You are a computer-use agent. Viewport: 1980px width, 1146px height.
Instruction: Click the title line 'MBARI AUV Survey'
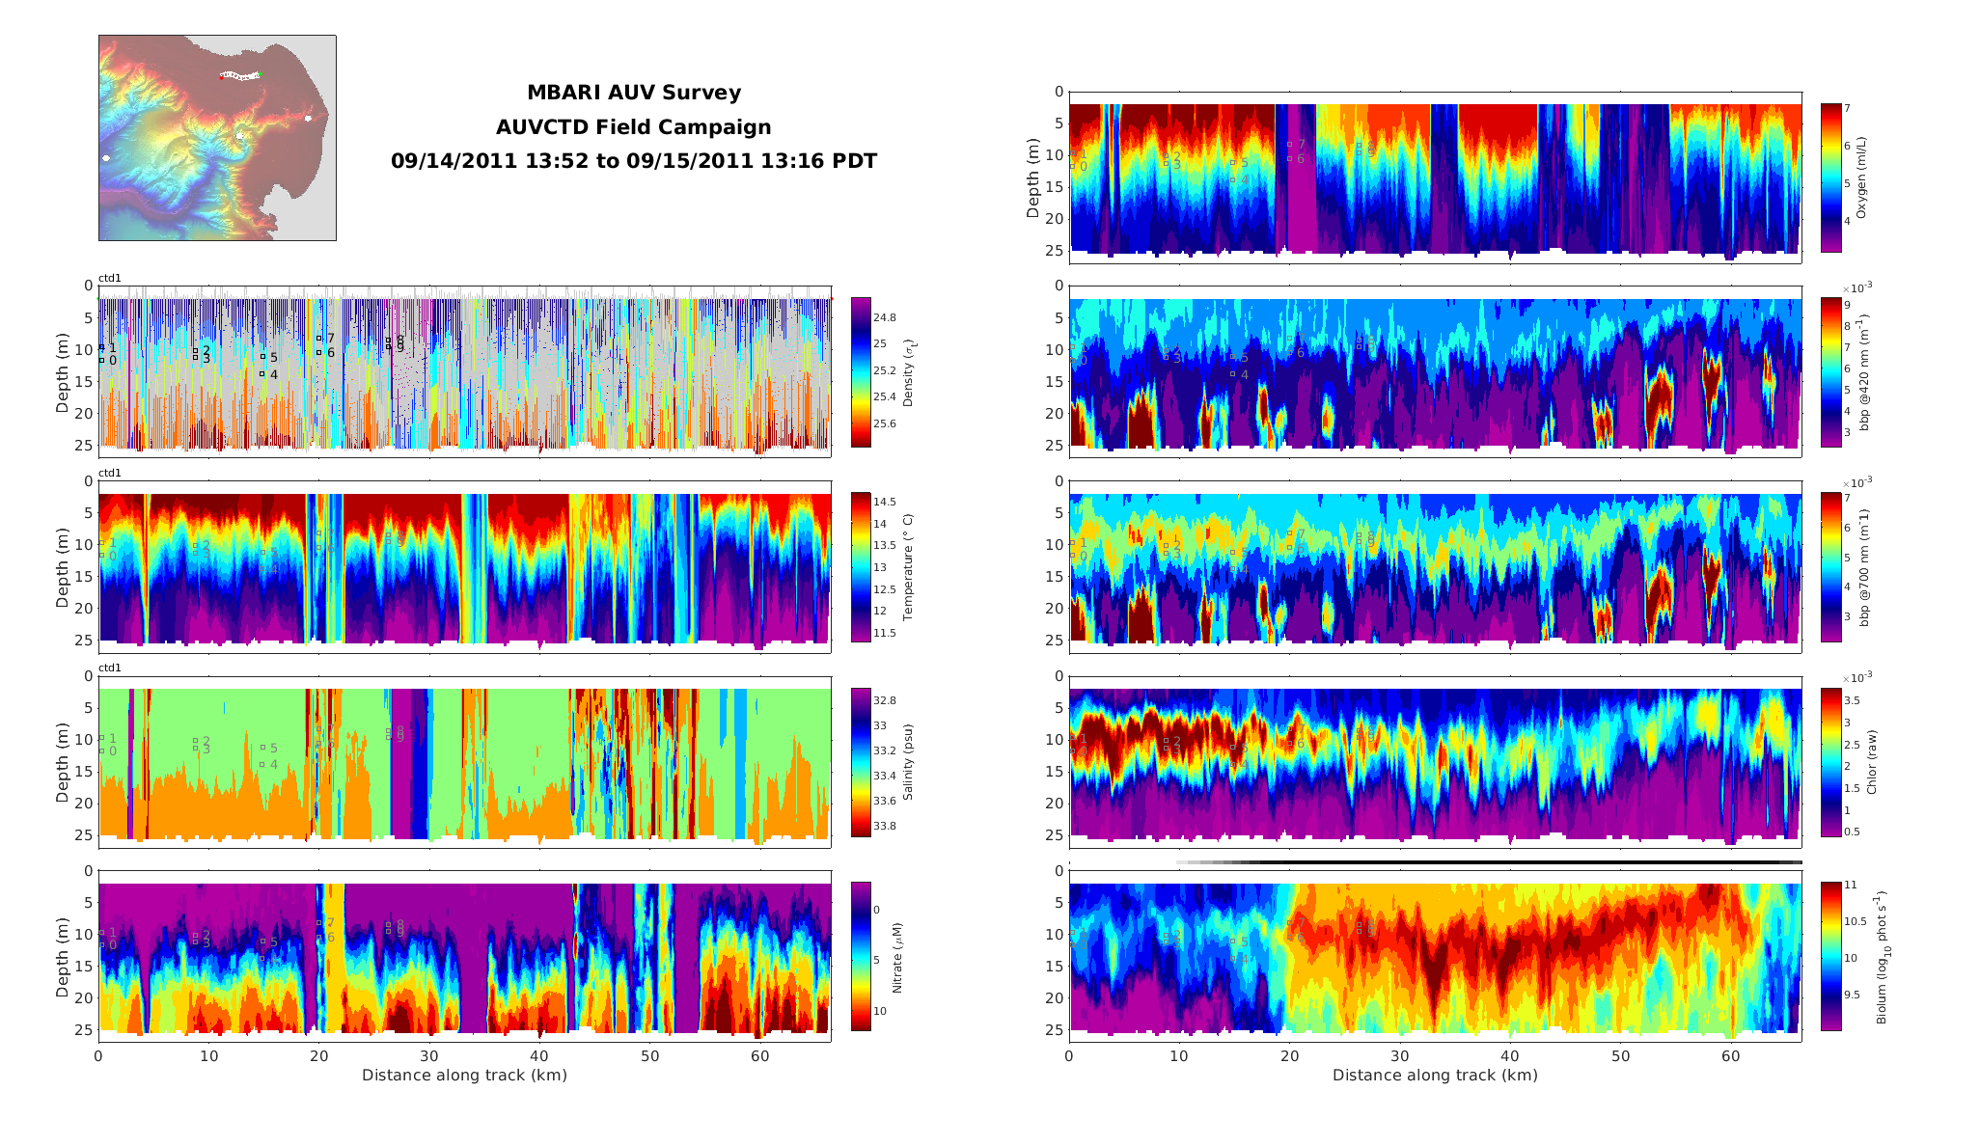pos(633,94)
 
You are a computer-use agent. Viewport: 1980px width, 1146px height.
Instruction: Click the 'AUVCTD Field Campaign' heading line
pos(633,127)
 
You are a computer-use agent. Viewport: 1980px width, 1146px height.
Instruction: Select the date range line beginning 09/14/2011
pos(633,161)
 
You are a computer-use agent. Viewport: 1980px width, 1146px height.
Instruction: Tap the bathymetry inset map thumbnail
pos(217,138)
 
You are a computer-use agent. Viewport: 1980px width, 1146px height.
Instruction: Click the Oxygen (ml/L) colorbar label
pos(1861,177)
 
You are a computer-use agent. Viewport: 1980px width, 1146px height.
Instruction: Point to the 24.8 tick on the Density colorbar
pos(884,317)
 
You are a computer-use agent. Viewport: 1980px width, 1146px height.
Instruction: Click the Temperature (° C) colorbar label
pos(907,567)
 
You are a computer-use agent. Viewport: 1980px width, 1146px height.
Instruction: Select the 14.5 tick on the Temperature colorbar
pos(884,502)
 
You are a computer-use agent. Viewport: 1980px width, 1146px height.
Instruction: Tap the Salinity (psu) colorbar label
pos(907,762)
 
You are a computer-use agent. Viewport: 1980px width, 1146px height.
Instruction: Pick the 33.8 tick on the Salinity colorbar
pos(884,826)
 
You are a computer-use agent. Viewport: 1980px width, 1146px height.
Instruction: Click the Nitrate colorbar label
pos(897,957)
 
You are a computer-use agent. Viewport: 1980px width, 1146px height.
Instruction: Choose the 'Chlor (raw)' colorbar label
pos(1872,762)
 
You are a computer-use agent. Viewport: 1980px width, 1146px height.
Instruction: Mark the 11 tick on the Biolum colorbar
pos(1850,885)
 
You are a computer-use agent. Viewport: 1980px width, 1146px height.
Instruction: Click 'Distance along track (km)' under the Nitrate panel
pos(464,1075)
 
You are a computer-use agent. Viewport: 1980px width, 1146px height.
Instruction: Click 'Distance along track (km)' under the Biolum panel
pos(1435,1075)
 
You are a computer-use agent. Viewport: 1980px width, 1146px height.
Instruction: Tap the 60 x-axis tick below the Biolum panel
pos(1731,1056)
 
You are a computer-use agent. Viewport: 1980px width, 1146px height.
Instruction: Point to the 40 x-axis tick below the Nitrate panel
pos(539,1056)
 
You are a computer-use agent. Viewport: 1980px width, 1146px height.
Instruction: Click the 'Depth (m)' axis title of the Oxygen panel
pos(1033,177)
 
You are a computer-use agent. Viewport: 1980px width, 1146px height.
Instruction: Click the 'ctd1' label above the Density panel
pos(110,279)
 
